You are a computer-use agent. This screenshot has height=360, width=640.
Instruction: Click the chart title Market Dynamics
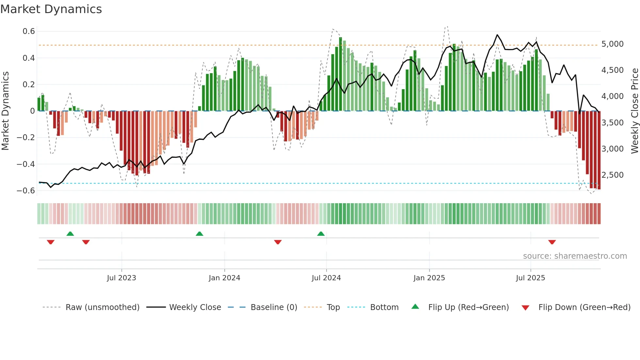(51, 9)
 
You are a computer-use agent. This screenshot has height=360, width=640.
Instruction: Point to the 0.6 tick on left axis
(29, 31)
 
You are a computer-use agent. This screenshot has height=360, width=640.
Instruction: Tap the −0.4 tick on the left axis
(26, 164)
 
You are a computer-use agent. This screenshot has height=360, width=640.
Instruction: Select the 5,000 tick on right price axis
(613, 44)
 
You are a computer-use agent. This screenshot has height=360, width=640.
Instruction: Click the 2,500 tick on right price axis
(613, 175)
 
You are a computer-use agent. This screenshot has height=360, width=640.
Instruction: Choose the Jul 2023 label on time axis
(121, 278)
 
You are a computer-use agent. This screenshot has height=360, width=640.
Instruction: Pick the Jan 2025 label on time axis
(429, 278)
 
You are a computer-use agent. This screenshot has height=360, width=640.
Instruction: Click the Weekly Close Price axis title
(634, 111)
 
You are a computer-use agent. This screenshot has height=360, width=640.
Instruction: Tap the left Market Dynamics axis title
(5, 111)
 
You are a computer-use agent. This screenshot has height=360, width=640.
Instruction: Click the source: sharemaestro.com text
(575, 256)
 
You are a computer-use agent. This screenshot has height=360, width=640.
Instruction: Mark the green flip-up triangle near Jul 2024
(321, 234)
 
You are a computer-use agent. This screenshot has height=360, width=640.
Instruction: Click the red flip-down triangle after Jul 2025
(552, 242)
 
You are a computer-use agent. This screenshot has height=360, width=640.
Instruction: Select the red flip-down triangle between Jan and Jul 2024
(278, 242)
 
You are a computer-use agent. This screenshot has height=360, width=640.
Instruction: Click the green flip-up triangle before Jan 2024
(200, 234)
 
